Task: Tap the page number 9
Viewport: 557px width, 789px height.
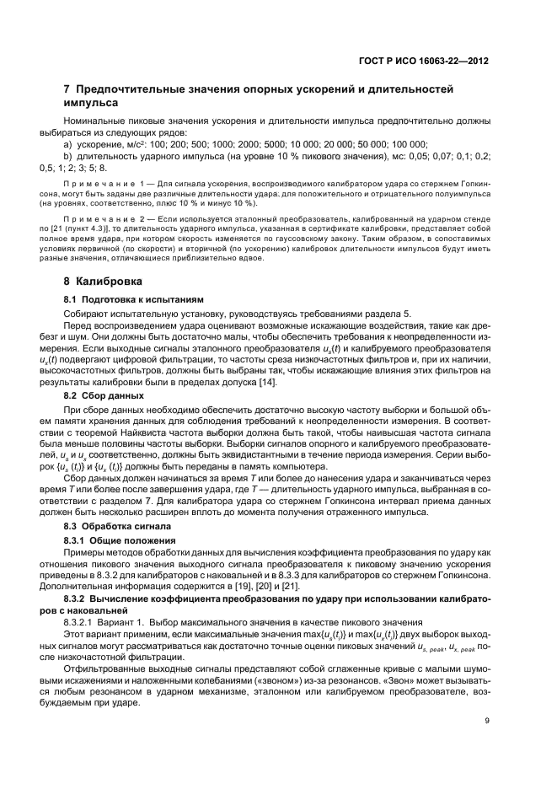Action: (486, 720)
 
